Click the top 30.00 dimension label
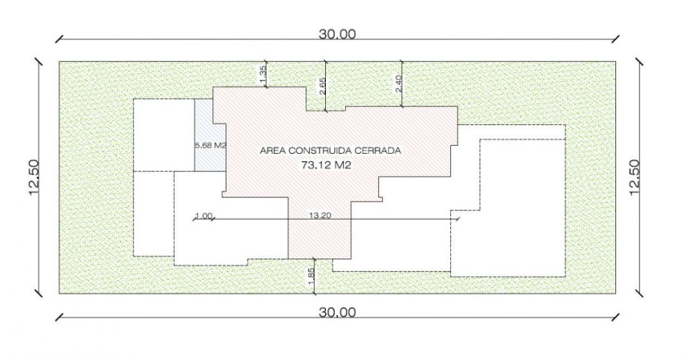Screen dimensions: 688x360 (337, 34)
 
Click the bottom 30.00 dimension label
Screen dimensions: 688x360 (337, 312)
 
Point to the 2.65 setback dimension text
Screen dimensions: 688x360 (322, 87)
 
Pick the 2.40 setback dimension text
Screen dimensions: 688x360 (398, 84)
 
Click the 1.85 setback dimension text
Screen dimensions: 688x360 (311, 276)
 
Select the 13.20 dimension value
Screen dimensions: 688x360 (320, 216)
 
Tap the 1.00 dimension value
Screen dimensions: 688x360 (204, 216)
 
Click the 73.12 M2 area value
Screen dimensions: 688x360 (327, 165)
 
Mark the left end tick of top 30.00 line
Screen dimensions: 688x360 (59, 40)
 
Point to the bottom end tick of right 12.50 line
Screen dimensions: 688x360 (640, 294)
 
